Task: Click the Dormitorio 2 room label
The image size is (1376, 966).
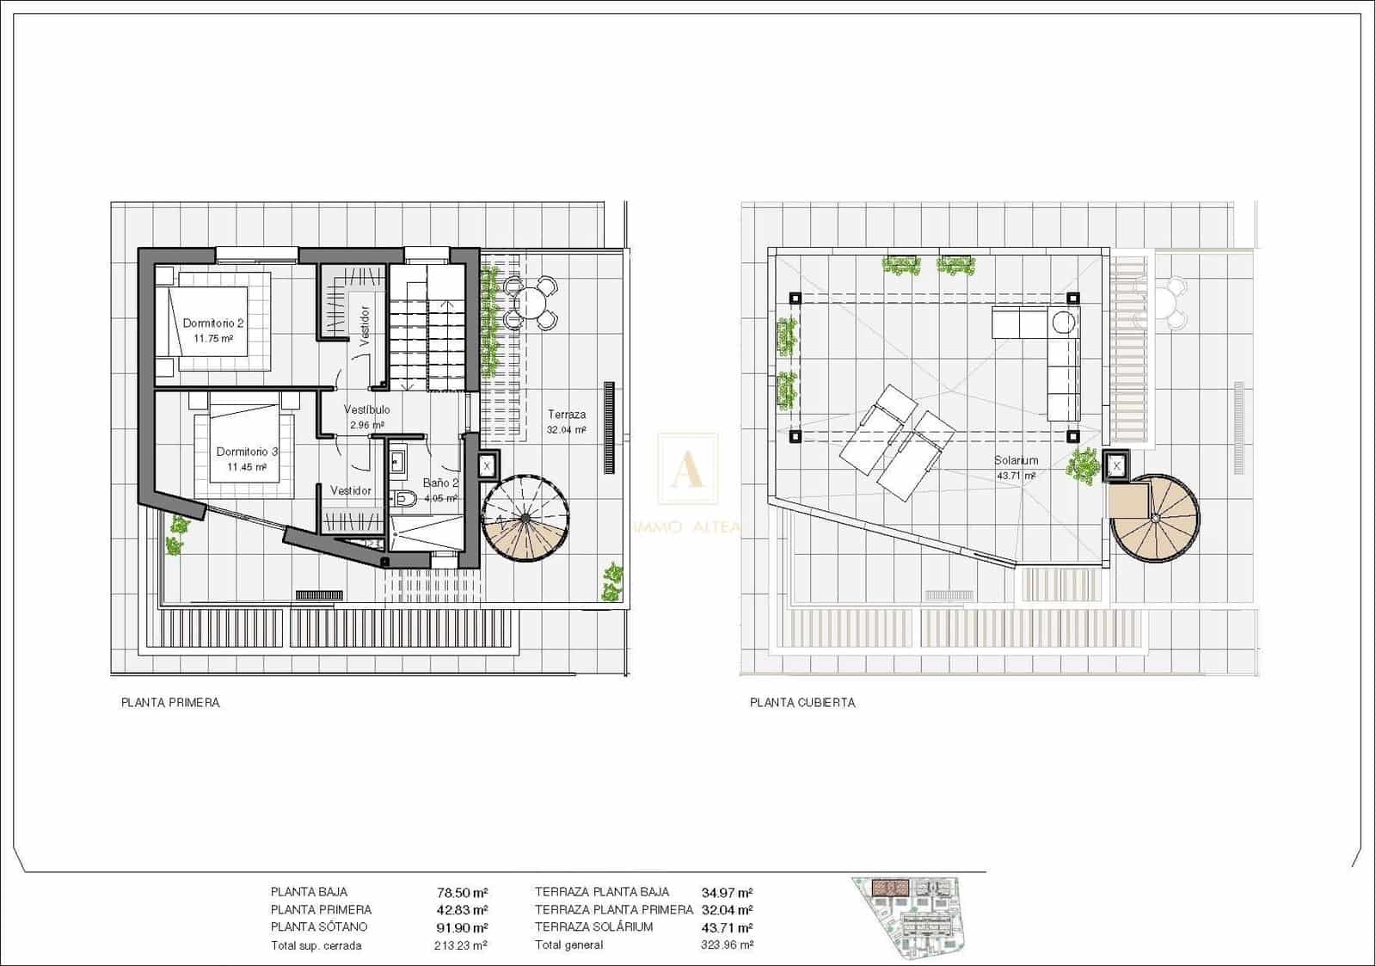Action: pos(213,330)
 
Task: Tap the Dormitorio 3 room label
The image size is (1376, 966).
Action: pos(247,458)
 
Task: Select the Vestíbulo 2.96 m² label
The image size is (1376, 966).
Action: pos(367,416)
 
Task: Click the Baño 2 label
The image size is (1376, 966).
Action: pos(439,489)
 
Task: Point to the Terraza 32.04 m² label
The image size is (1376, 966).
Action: pos(567,421)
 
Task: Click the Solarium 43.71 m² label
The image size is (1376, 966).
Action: pos(1016,467)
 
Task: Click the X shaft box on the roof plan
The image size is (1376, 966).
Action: pos(1116,465)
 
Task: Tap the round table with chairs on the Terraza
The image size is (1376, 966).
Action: pos(531,303)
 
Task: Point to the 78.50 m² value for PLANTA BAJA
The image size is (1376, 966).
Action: pos(462,892)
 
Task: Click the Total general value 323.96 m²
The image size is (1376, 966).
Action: pos(727,944)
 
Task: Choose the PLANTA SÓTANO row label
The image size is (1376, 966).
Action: pos(318,927)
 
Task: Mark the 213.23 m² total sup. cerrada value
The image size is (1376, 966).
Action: pos(461,944)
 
